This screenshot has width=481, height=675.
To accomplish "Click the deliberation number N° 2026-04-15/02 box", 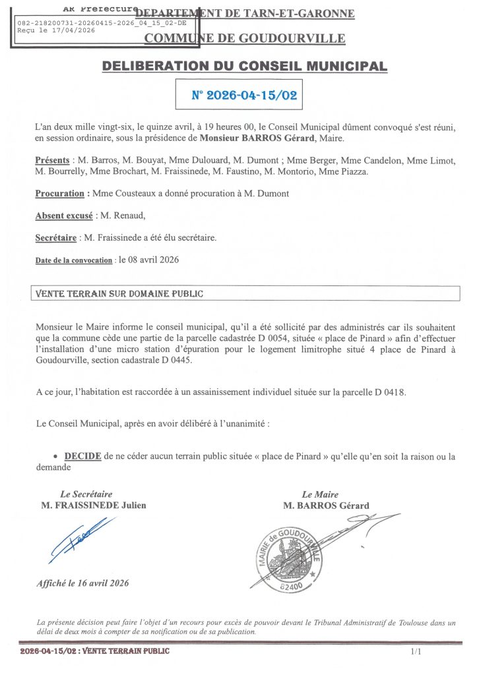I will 243,94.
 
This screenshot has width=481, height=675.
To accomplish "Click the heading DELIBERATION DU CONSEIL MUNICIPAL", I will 244,66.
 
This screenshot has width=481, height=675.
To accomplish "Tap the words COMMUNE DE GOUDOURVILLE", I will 244,38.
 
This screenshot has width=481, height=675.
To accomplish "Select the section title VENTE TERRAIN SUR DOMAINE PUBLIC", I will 119,293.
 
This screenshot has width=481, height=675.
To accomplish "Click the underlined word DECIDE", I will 82,456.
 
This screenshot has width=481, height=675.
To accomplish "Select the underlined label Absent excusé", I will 64,216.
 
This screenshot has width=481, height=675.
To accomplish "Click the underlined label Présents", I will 52,161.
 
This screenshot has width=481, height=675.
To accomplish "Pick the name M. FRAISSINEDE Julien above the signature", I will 94,506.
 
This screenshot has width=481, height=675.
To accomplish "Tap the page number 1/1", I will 415,652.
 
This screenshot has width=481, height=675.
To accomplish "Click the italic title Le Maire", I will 320,494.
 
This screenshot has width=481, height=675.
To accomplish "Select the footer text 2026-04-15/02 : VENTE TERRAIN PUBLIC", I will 95,651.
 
